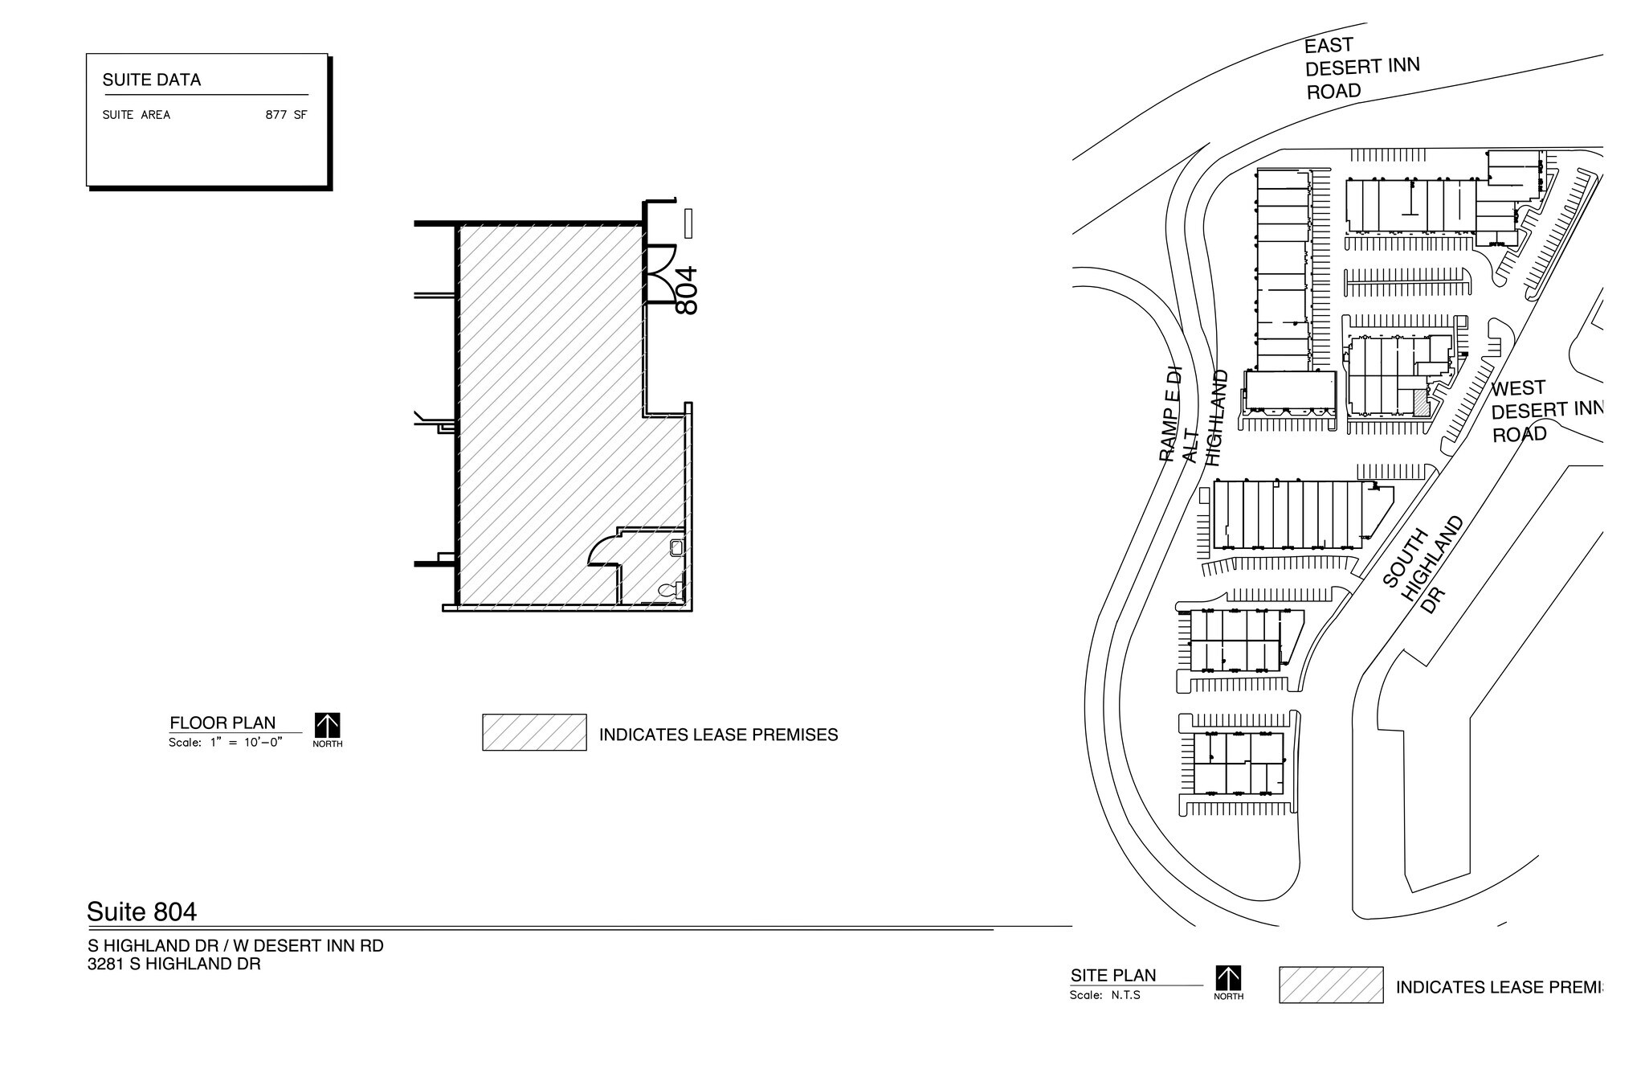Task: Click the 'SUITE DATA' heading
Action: click(152, 80)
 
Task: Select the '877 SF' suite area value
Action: click(286, 115)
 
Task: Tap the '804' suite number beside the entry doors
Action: click(687, 290)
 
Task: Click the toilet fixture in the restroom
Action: click(668, 590)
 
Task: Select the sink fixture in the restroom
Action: click(676, 547)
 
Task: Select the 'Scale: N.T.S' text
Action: click(1104, 995)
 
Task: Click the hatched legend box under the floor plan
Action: click(534, 732)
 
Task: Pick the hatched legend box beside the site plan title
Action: click(1331, 985)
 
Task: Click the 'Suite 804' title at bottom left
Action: click(141, 911)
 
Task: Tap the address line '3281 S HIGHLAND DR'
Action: click(174, 964)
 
